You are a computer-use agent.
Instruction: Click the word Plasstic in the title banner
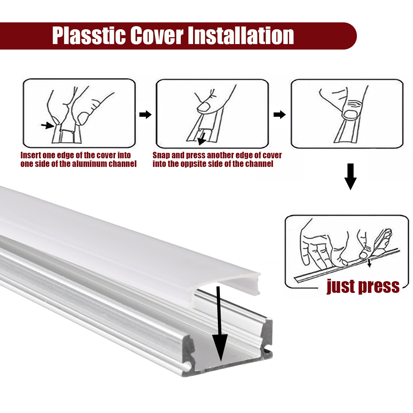(x=89, y=35)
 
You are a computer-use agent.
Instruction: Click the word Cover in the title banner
(x=157, y=35)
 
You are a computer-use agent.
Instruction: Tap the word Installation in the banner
(x=241, y=35)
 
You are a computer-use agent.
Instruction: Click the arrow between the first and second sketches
(x=145, y=115)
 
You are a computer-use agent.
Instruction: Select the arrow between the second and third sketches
(x=279, y=115)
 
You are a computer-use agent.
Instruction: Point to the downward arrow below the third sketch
(x=350, y=177)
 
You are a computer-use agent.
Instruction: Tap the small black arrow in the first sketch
(x=47, y=125)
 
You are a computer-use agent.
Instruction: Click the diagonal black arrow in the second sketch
(x=202, y=139)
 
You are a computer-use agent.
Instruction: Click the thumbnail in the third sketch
(x=350, y=115)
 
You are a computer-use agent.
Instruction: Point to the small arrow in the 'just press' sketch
(x=369, y=263)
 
